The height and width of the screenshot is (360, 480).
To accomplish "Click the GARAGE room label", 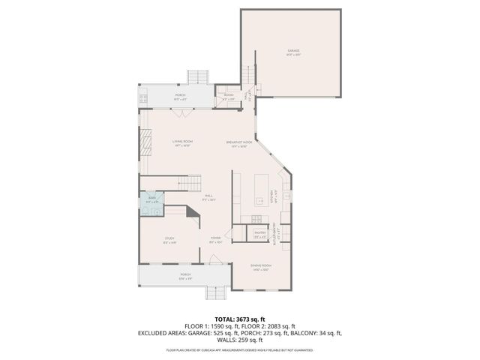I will click(293, 52).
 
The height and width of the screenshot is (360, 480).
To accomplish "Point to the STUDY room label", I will click(169, 241).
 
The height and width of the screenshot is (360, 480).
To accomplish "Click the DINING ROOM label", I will click(261, 266).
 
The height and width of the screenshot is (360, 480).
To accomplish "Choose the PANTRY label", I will click(260, 234).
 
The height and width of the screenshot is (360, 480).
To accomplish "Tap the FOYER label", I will click(215, 241).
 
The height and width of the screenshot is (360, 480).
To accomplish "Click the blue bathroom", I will click(151, 202).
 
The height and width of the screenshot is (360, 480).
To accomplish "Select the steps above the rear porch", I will click(198, 77).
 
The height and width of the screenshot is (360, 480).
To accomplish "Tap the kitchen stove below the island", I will click(258, 219).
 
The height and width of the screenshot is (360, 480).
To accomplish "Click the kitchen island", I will click(262, 191).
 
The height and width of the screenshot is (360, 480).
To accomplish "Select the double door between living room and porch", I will click(181, 112).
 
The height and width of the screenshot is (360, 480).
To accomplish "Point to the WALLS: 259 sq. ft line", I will click(240, 338).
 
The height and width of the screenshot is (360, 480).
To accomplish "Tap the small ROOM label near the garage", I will click(228, 96).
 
